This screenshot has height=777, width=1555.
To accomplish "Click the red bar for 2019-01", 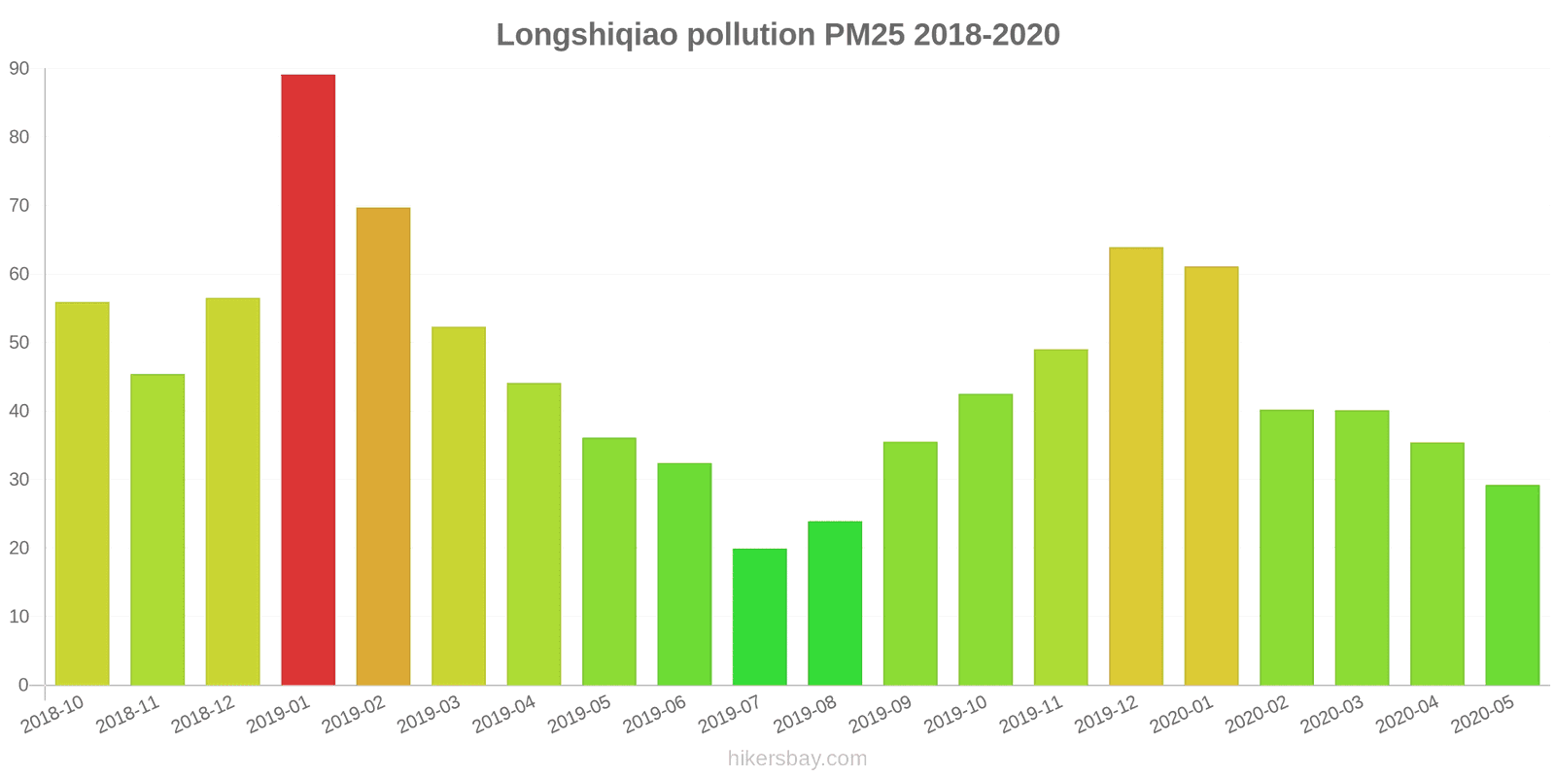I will [x=308, y=380].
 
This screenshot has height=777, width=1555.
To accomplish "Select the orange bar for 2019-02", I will [x=383, y=447].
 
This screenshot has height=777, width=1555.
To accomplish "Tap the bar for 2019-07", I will [x=760, y=617].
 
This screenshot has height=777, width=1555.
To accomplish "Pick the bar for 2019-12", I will [x=1136, y=466].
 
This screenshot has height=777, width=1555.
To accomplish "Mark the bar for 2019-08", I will [x=835, y=603].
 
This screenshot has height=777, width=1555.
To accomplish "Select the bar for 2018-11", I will [x=157, y=529].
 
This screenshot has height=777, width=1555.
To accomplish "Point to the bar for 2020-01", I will [x=1211, y=476].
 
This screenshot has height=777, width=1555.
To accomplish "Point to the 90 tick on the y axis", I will [x=19, y=69].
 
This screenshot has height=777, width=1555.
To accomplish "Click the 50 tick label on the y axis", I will [x=19, y=343].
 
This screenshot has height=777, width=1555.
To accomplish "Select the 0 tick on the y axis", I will [x=23, y=686].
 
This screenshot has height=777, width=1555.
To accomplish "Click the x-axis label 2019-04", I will [x=504, y=715].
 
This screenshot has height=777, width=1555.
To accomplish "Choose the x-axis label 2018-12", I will [x=203, y=715].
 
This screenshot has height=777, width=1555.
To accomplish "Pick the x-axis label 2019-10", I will [x=955, y=715].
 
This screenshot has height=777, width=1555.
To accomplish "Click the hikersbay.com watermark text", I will [x=797, y=759].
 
